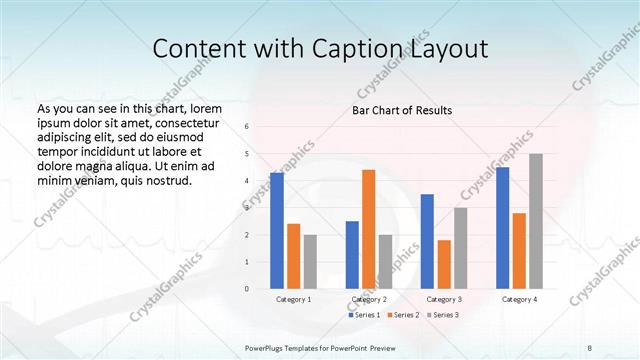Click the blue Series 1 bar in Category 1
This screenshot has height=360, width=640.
pyautogui.click(x=277, y=231)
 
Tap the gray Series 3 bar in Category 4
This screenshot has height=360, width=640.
pyautogui.click(x=536, y=221)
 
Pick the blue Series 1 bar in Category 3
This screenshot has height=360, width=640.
pyautogui.click(x=427, y=241)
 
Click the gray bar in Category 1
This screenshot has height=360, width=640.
pyautogui.click(x=310, y=261)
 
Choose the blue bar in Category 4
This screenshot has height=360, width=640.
pyautogui.click(x=502, y=228)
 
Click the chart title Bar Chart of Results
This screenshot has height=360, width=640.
pyautogui.click(x=403, y=110)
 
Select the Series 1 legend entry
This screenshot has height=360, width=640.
pyautogui.click(x=365, y=315)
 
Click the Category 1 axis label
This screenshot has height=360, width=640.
pyautogui.click(x=293, y=299)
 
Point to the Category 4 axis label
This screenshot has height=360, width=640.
pyautogui.click(x=519, y=299)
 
